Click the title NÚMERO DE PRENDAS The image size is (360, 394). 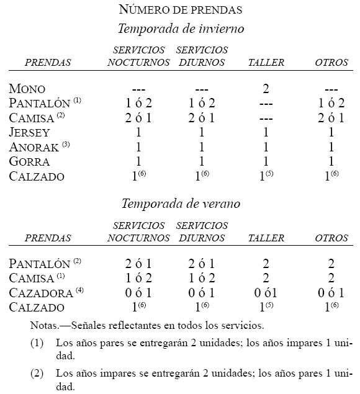click(179, 9)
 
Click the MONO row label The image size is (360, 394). click(27, 89)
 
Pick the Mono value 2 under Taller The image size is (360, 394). click(266, 89)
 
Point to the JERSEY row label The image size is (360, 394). click(30, 132)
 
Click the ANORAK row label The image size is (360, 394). click(35, 147)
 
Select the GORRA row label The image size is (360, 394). click(29, 161)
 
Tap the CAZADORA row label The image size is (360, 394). click(39, 292)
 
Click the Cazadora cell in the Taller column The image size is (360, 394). click(266, 293)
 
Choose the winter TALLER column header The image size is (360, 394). click(266, 63)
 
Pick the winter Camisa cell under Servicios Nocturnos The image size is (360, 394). click(138, 118)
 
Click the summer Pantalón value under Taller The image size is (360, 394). click(266, 263)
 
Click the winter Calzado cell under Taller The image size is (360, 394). click(267, 176)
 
